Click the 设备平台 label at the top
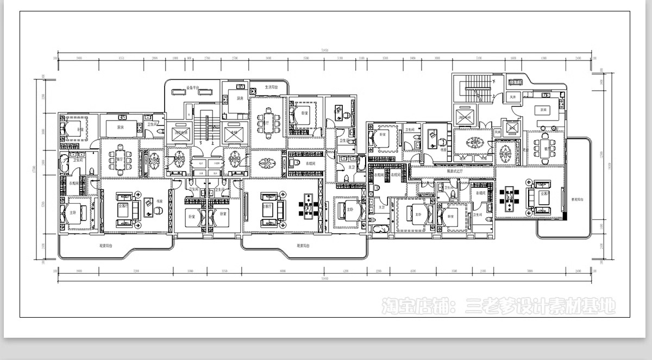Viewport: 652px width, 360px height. [x=193, y=87]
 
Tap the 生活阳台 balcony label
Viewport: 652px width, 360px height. [x=271, y=87]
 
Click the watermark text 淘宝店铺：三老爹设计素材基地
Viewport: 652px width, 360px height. [x=498, y=306]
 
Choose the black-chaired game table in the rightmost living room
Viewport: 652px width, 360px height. [x=509, y=199]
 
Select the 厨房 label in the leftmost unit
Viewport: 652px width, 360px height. [x=121, y=128]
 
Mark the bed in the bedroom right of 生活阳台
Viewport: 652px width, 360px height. [x=303, y=117]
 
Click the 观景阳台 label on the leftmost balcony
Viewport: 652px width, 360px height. [x=106, y=246]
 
